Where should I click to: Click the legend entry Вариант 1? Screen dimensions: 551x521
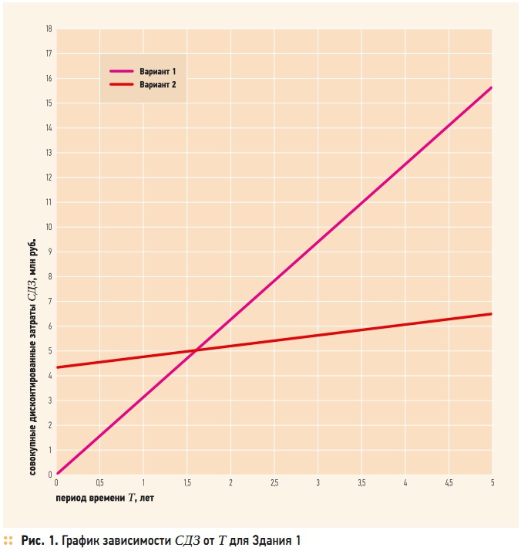[158, 71]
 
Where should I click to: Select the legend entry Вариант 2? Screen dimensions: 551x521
[158, 84]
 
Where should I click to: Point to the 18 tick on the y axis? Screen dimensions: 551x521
[49, 29]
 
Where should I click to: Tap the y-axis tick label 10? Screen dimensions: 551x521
[49, 227]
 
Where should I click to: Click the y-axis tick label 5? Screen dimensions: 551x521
[49, 350]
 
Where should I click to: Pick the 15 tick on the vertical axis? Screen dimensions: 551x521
[49, 103]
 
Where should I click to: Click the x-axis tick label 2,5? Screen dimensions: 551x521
[274, 482]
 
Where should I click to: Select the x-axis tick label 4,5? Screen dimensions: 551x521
[448, 482]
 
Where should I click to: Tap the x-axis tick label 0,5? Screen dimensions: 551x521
[100, 482]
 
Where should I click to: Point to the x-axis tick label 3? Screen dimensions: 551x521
[318, 482]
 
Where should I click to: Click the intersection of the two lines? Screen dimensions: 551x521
[197, 350]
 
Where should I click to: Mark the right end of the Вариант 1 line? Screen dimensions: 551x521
[491, 88]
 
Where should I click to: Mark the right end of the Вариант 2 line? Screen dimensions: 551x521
[491, 313]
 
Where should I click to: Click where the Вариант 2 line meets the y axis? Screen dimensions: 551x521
[57, 367]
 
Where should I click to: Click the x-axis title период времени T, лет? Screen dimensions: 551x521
[105, 498]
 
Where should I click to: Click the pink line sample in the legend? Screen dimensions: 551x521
[122, 71]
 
